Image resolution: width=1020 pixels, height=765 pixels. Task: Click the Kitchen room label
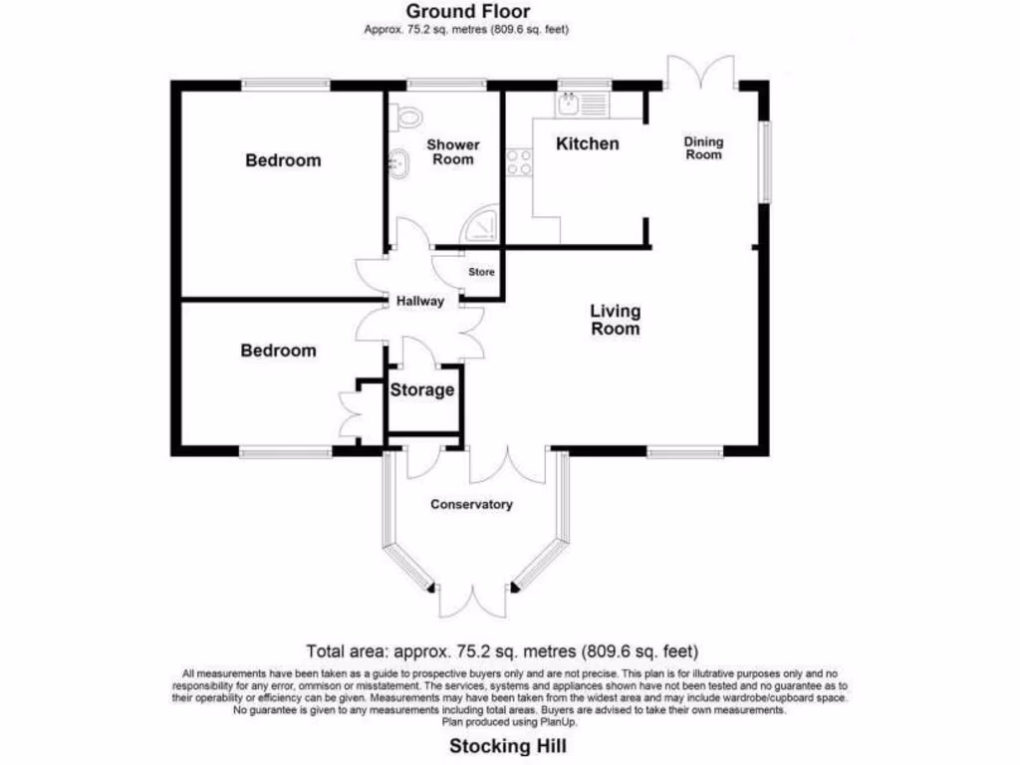[587, 144]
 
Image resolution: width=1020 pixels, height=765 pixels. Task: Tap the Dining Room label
[702, 148]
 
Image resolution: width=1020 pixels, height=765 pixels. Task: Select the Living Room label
[615, 320]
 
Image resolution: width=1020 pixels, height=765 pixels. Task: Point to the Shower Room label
[452, 152]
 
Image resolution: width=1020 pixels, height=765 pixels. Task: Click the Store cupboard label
[482, 272]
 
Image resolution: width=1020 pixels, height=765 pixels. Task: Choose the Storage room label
[422, 390]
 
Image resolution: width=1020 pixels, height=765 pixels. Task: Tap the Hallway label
[419, 302]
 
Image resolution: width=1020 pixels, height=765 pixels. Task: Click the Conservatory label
[471, 505]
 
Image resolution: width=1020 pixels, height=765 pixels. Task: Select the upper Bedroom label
[284, 160]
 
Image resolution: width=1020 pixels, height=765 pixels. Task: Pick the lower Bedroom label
[279, 351]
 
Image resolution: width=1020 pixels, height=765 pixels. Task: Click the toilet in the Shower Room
[406, 117]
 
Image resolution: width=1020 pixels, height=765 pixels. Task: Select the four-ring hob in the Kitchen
[519, 162]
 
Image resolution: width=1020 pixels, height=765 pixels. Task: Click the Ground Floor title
[467, 11]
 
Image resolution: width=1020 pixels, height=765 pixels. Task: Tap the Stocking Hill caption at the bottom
[509, 745]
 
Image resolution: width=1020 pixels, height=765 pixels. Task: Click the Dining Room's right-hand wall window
[765, 162]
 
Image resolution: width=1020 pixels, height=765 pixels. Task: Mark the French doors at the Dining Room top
[701, 75]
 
